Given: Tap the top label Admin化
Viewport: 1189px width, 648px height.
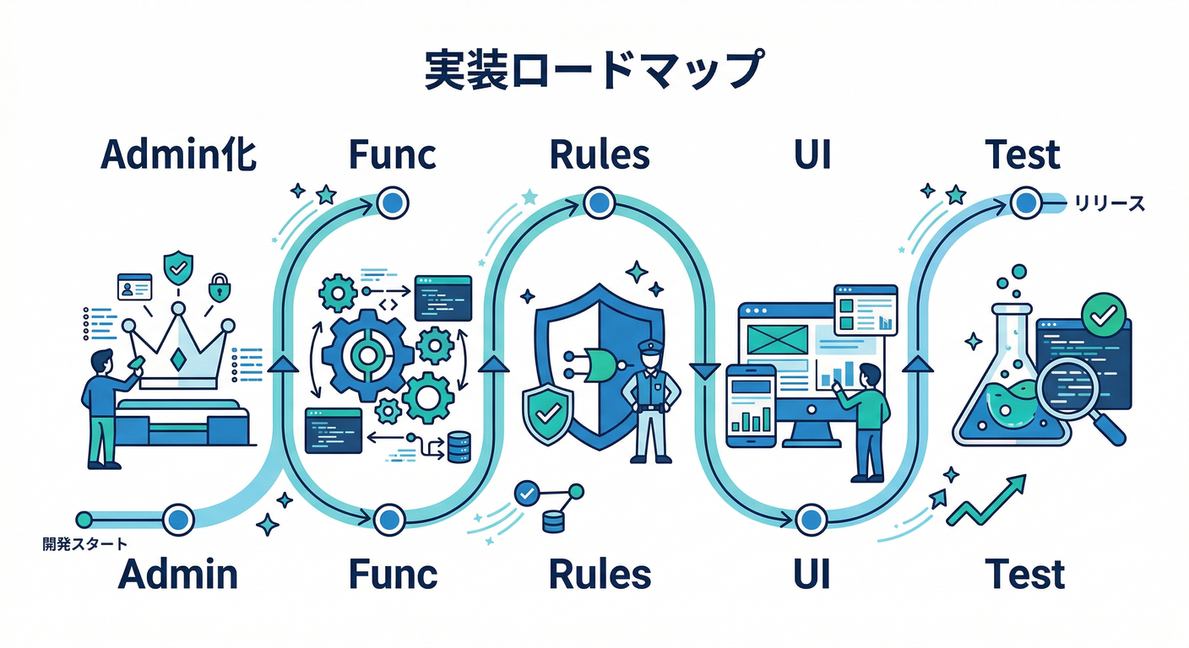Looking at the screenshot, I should tap(179, 155).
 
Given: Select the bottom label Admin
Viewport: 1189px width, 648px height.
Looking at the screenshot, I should tap(178, 575).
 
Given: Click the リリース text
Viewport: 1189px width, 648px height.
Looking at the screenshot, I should tap(1109, 203).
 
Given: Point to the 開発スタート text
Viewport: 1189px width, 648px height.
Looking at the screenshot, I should tap(84, 544).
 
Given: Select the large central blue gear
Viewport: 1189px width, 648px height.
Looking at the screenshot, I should tap(366, 354).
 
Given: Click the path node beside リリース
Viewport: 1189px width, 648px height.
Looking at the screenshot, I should tap(1025, 202).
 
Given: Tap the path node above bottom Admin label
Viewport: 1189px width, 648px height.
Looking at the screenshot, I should tap(178, 518).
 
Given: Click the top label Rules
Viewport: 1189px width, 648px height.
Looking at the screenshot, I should tap(600, 155).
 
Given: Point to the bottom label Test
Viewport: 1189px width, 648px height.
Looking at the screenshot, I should tap(1025, 575).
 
